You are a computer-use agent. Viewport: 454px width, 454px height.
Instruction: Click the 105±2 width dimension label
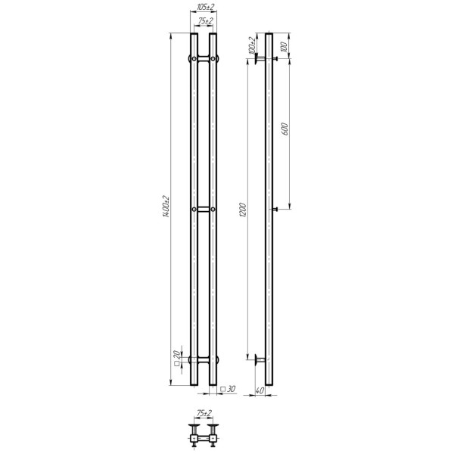point(205,8)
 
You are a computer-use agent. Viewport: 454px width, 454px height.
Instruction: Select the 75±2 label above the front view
point(206,21)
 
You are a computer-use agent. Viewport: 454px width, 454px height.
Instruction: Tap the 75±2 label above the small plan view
point(204,413)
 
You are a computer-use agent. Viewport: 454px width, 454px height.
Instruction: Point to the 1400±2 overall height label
point(166,207)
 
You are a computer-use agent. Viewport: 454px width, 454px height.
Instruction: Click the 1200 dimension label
point(243,210)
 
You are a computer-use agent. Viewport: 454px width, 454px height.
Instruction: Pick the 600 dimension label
point(285,129)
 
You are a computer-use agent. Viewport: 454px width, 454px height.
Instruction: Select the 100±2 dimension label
point(252,45)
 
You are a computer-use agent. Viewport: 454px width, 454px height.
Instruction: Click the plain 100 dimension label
point(285,47)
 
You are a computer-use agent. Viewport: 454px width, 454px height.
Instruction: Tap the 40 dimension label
point(260,390)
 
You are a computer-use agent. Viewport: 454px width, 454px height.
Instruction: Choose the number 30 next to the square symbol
point(231,389)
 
